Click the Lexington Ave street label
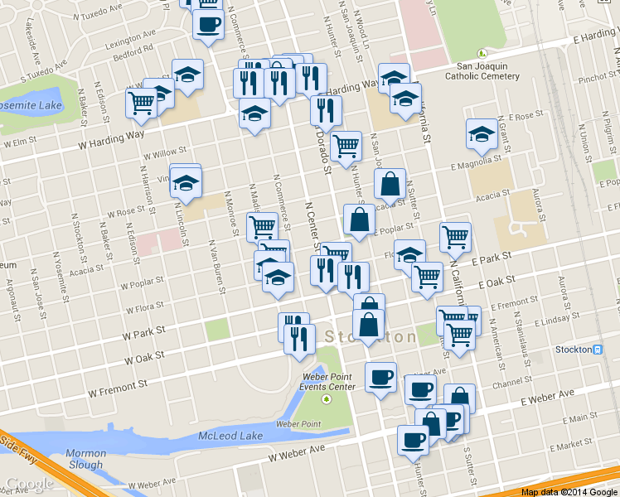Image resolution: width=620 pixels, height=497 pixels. (x=130, y=36)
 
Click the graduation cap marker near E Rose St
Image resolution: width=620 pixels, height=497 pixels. (x=482, y=134)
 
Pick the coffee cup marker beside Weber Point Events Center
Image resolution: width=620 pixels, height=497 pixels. (x=380, y=378)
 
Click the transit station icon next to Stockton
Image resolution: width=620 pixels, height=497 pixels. (x=598, y=350)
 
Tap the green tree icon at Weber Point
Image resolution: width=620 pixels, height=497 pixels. (x=326, y=399)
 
